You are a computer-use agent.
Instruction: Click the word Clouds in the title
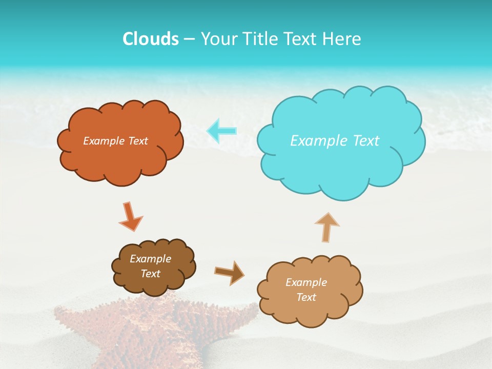(151, 39)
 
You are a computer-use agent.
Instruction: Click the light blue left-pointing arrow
(221, 131)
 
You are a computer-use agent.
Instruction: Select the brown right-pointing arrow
(230, 272)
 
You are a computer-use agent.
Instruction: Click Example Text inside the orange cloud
(115, 141)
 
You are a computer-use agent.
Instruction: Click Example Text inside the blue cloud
(335, 141)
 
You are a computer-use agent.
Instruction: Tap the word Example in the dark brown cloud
(150, 259)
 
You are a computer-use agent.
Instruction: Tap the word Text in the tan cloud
(306, 297)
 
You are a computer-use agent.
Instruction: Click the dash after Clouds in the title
(189, 39)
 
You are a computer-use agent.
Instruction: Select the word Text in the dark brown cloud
(150, 274)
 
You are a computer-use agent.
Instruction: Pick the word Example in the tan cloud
(306, 282)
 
